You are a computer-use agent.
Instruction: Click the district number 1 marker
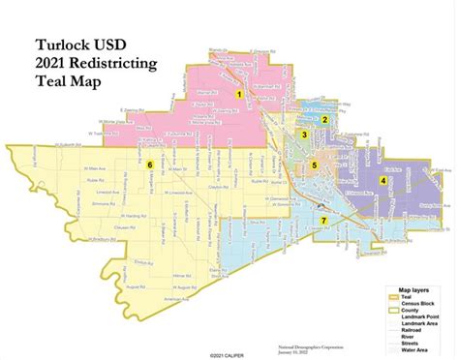(x=239, y=94)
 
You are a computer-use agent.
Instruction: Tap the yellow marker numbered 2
(x=325, y=119)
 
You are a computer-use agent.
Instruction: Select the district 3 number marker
(x=304, y=135)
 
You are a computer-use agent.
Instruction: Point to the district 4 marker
(x=383, y=180)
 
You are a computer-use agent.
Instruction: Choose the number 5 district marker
(x=314, y=166)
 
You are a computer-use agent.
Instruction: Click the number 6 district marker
(x=150, y=165)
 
